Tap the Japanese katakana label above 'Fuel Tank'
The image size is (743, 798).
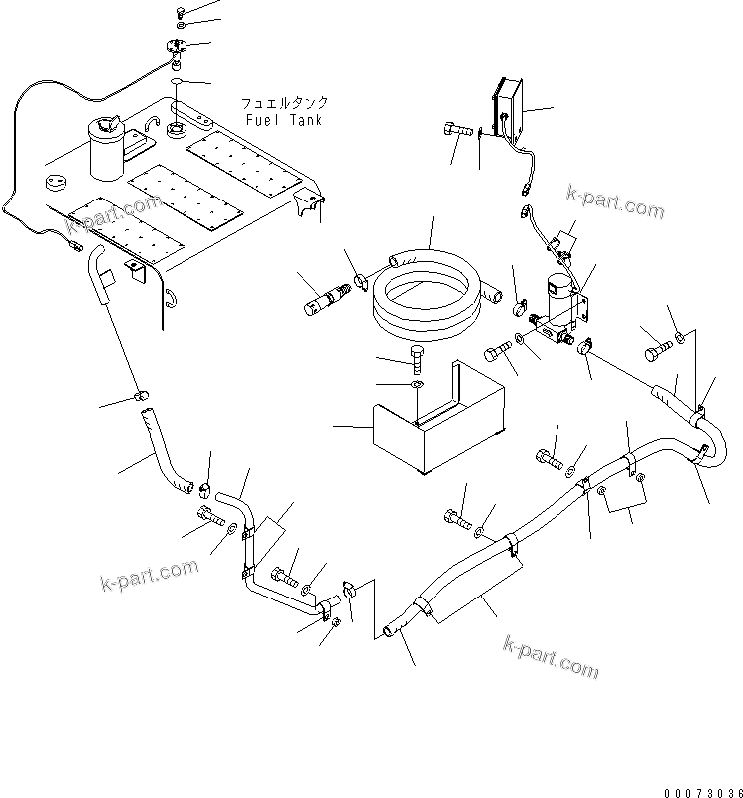click(x=283, y=103)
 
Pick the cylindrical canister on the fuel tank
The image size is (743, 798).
click(x=107, y=150)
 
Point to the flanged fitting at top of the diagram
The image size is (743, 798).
click(x=169, y=46)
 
